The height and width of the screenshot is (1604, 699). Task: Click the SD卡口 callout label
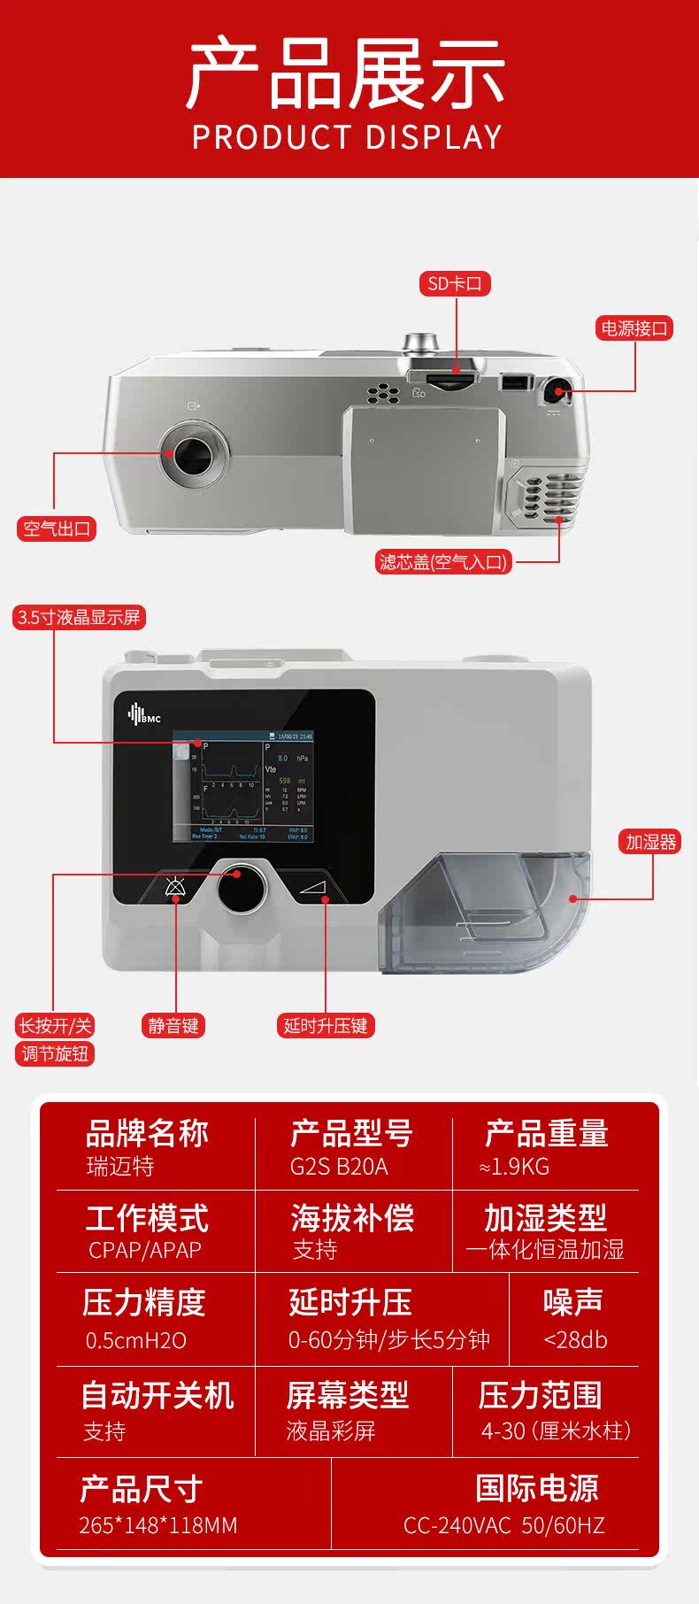click(455, 284)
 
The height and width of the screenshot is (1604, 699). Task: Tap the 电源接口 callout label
click(634, 328)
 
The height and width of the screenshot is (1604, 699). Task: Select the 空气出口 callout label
click(57, 528)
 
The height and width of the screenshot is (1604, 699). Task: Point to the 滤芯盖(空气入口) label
click(444, 561)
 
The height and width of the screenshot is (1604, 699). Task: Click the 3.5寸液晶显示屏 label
click(79, 617)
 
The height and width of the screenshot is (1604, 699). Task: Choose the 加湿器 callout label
click(650, 842)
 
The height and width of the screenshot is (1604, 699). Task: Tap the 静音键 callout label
click(173, 1025)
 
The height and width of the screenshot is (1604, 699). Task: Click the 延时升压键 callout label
click(326, 1025)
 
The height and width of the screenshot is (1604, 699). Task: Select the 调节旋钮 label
click(55, 1053)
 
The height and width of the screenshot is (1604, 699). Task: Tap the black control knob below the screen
click(242, 887)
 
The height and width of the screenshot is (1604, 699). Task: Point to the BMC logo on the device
click(144, 714)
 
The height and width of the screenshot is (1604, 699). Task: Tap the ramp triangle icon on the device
click(313, 886)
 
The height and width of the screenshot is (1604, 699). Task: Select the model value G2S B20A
click(339, 1166)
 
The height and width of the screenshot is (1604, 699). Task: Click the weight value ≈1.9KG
click(514, 1166)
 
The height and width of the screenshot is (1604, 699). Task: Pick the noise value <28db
click(575, 1339)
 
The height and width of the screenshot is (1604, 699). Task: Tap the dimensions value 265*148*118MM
click(158, 1525)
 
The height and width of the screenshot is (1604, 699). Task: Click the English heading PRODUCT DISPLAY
click(347, 137)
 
